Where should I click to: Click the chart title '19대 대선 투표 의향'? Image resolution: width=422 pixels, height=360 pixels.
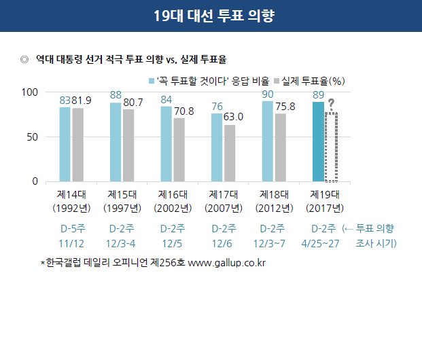[x=211, y=16]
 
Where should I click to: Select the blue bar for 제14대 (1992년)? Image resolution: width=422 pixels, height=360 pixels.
[x=65, y=145]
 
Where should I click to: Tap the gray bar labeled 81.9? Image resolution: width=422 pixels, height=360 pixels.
[x=77, y=145]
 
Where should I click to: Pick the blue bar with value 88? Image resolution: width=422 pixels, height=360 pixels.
[x=116, y=143]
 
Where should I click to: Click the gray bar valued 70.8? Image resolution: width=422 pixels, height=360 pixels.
[x=179, y=150]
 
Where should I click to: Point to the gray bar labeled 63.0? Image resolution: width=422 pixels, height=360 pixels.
[x=230, y=154]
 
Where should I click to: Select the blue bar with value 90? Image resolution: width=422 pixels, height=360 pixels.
[x=268, y=142]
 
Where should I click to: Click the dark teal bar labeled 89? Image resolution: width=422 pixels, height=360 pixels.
[x=318, y=142]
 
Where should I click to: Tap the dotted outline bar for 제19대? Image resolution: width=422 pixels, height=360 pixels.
[x=331, y=147]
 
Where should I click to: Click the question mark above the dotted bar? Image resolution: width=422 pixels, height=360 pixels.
[x=331, y=103]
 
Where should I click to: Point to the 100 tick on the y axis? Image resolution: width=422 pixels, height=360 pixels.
[x=30, y=92]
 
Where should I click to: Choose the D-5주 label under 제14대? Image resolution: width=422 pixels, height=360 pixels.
[x=71, y=228]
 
